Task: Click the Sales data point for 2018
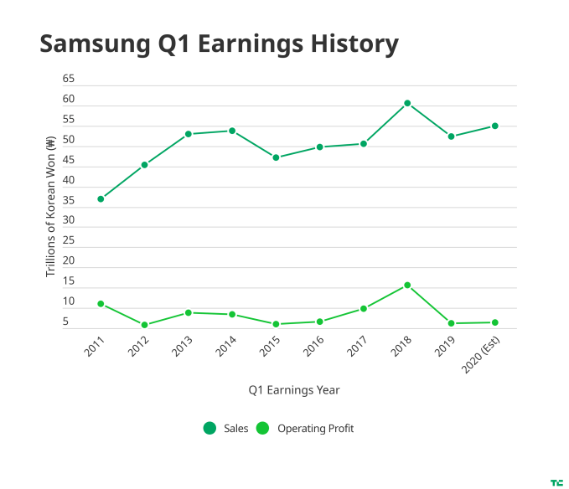(x=407, y=103)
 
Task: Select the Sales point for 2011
(x=101, y=199)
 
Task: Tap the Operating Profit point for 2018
(x=407, y=286)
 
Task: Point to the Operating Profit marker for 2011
(x=101, y=304)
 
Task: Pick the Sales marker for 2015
(x=276, y=157)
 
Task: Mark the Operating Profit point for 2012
(x=144, y=325)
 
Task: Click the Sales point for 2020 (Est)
(x=495, y=126)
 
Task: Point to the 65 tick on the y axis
(x=69, y=79)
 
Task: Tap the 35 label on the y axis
(x=69, y=200)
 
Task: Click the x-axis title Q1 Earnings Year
(x=293, y=389)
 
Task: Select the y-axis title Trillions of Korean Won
(x=49, y=206)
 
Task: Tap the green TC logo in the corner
(x=556, y=482)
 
